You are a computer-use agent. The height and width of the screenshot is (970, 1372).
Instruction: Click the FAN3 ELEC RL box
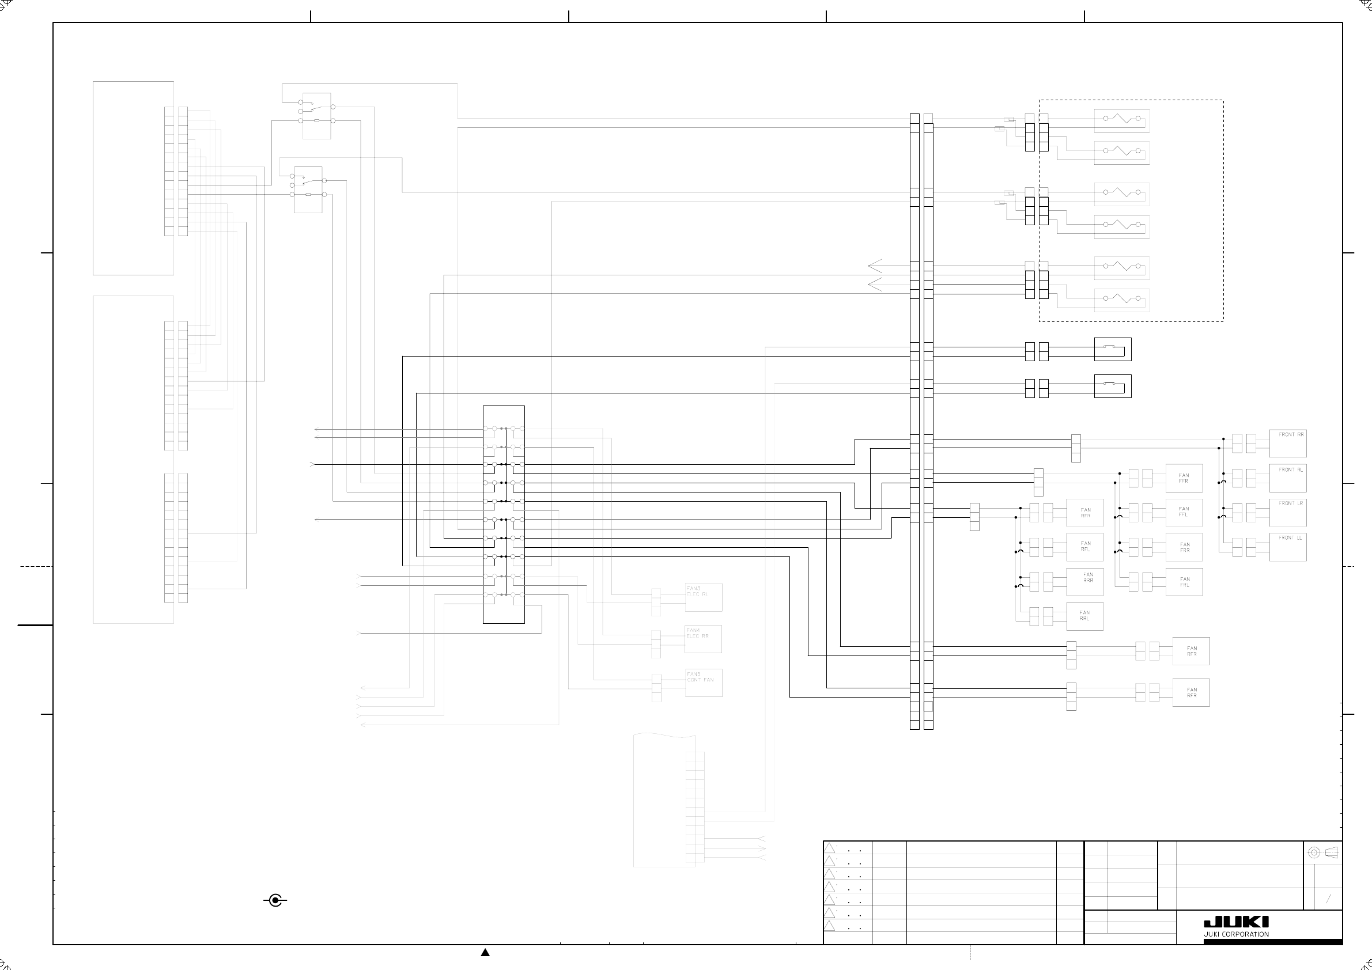704,597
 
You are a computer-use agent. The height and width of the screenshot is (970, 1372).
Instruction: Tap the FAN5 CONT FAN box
704,682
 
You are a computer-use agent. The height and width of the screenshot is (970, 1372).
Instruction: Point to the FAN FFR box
1184,478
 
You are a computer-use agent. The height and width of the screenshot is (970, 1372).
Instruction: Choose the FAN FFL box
1184,512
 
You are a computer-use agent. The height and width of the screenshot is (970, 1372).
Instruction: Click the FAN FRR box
1184,547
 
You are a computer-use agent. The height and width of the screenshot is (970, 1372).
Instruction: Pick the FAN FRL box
1184,582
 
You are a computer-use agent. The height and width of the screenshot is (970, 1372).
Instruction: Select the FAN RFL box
1084,547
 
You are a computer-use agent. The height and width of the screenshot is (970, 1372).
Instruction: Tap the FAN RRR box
1084,581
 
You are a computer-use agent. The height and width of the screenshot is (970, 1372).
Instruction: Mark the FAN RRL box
1084,616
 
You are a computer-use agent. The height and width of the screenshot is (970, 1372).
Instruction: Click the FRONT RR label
1291,435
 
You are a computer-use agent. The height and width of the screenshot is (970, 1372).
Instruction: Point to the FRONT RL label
1291,469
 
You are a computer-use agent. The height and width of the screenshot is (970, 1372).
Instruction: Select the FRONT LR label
1291,503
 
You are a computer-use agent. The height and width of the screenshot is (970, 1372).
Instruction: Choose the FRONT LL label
1291,538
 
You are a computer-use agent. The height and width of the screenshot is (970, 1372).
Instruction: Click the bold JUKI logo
1236,923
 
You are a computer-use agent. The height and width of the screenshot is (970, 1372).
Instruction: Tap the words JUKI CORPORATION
1236,935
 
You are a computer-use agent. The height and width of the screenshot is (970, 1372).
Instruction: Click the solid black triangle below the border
485,953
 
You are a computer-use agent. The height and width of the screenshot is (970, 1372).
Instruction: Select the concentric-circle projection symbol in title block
1314,852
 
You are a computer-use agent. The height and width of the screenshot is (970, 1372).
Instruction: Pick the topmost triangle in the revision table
829,848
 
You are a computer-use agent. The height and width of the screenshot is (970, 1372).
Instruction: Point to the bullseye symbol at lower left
275,901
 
